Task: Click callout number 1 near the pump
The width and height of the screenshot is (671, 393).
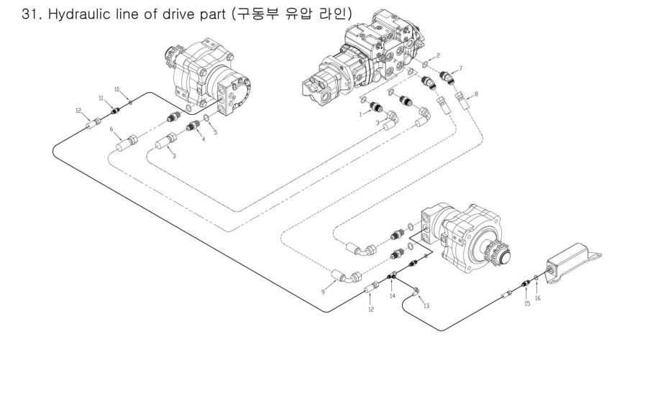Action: coord(360,114)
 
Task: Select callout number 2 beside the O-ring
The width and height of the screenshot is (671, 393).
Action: coord(438,55)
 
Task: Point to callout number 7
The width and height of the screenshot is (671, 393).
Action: coord(460,68)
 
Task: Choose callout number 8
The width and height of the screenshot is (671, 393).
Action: coord(475,94)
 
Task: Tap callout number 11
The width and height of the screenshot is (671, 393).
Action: coord(101,98)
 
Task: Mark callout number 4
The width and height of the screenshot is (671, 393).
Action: coord(203,139)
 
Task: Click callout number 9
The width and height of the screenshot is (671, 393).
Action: coord(323,292)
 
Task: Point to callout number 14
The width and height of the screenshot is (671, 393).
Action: coord(392,295)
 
